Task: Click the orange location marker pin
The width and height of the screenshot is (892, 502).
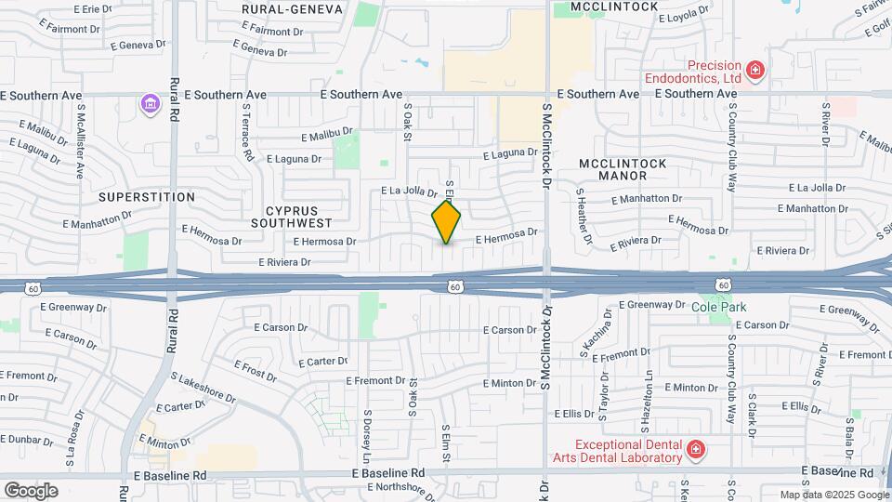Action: (446, 222)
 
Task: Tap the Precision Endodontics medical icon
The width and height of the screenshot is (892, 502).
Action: (755, 70)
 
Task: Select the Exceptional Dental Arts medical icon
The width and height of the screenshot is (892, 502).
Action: (695, 451)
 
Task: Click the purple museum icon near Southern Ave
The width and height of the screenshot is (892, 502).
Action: (150, 104)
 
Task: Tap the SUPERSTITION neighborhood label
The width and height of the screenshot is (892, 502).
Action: (147, 197)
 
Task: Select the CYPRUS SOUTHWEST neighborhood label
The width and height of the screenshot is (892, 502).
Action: (292, 217)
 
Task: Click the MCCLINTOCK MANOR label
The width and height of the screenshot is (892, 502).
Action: (622, 169)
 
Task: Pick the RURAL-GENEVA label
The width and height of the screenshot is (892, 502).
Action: (292, 8)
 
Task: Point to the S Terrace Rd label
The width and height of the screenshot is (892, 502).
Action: (247, 132)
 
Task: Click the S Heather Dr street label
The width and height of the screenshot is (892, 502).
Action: (584, 217)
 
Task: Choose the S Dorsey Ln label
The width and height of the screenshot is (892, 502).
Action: (367, 438)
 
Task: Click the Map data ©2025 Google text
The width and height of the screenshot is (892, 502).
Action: (833, 495)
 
